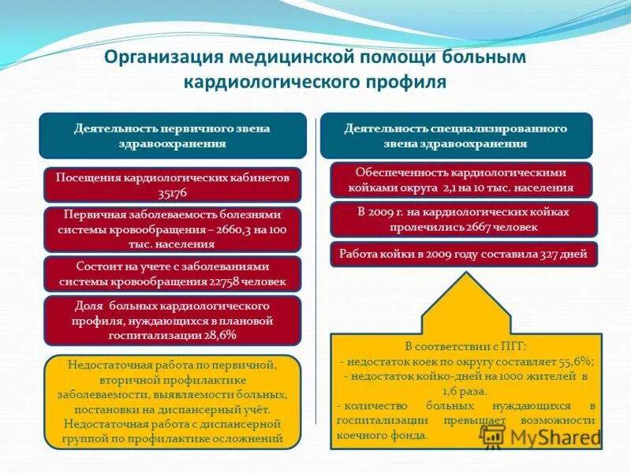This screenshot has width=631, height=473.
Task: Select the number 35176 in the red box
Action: pyautogui.click(x=173, y=192)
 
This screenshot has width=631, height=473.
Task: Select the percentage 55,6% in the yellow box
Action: pyautogui.click(x=575, y=360)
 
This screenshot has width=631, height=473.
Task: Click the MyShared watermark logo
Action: pyautogui.click(x=544, y=439)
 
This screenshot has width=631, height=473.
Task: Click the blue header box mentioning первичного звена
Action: pyautogui.click(x=173, y=136)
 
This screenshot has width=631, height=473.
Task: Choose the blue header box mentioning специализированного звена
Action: pyautogui.click(x=455, y=136)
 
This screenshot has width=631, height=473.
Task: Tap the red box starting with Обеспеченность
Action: pyautogui.click(x=461, y=180)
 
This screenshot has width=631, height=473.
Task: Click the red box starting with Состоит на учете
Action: pyautogui.click(x=173, y=274)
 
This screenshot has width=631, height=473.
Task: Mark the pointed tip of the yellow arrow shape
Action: pyautogui.click(x=466, y=274)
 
